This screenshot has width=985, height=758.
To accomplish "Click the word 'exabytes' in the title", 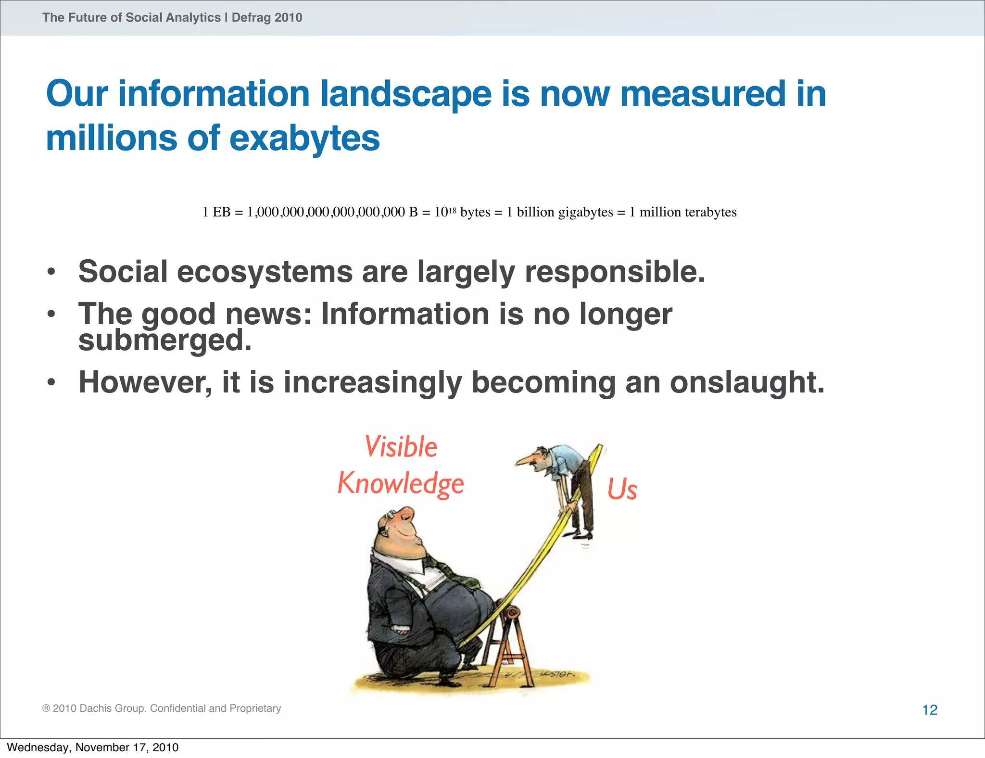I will [304, 138].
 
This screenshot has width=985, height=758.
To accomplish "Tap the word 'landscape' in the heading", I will [406, 94].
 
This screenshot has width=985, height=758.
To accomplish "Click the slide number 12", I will [930, 710].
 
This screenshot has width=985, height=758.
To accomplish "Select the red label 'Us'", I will [622, 490].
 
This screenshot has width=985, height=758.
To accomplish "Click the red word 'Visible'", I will [401, 446].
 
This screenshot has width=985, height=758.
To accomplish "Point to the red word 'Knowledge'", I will [401, 483].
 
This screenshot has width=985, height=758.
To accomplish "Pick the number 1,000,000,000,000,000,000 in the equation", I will [326, 212].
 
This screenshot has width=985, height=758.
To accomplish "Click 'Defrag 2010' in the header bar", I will [267, 18].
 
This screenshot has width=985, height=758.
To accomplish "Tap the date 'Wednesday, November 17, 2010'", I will [92, 747].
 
